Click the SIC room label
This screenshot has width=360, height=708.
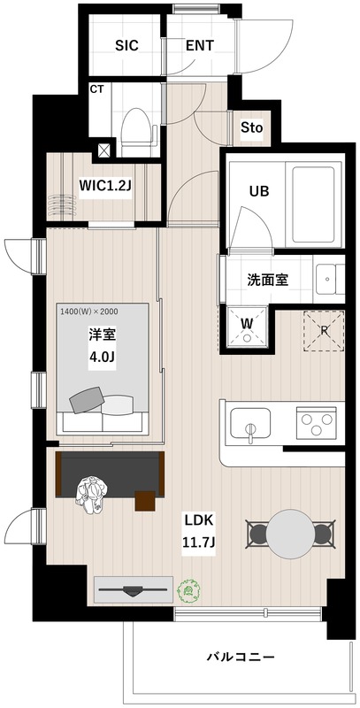pyautogui.click(x=126, y=46)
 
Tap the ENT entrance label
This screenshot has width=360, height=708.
pyautogui.click(x=200, y=46)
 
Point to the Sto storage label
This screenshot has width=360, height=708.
pyautogui.click(x=252, y=127)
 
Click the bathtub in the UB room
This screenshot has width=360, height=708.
pyautogui.click(x=316, y=205)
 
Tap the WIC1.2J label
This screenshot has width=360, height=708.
pyautogui.click(x=105, y=185)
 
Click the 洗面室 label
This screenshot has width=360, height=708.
pyautogui.click(x=267, y=280)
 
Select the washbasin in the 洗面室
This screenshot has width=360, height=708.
pyautogui.click(x=330, y=279)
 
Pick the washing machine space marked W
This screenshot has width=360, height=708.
pyautogui.click(x=246, y=327)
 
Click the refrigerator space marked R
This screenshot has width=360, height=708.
pyautogui.click(x=324, y=330)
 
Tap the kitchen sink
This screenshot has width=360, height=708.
pyautogui.click(x=250, y=424)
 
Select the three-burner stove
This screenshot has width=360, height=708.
pyautogui.click(x=317, y=423)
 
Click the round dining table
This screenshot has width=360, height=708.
pyautogui.click(x=289, y=535)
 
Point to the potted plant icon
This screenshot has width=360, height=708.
pyautogui.click(x=189, y=590)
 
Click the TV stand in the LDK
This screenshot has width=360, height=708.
pyautogui.click(x=133, y=589)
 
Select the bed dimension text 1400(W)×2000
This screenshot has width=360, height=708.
pyautogui.click(x=89, y=311)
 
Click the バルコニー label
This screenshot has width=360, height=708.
pyautogui.click(x=241, y=657)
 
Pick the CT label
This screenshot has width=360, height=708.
pyautogui.click(x=96, y=89)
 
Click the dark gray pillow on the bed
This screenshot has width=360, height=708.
pyautogui.click(x=88, y=401)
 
